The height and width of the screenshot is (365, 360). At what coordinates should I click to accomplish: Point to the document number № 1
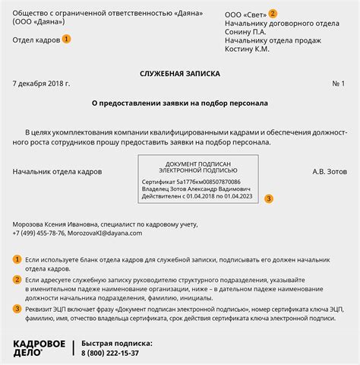tap(338, 83)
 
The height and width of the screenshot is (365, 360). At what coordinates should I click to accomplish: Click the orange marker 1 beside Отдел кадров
tap(66, 39)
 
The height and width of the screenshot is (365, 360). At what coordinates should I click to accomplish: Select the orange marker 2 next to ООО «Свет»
tap(273, 14)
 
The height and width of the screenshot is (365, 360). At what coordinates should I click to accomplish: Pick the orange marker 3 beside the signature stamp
tap(267, 198)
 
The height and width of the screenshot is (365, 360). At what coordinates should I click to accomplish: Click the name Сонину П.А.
tap(245, 33)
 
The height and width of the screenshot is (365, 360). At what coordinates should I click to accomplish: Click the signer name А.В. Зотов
tap(329, 171)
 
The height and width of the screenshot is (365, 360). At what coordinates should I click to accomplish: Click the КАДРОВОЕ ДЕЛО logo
tap(39, 348)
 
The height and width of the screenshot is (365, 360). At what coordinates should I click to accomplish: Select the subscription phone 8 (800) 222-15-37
tap(110, 353)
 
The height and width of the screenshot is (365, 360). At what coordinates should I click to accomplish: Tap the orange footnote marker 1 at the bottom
tap(17, 260)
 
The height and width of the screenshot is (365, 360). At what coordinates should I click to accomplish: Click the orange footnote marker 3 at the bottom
tap(17, 308)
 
